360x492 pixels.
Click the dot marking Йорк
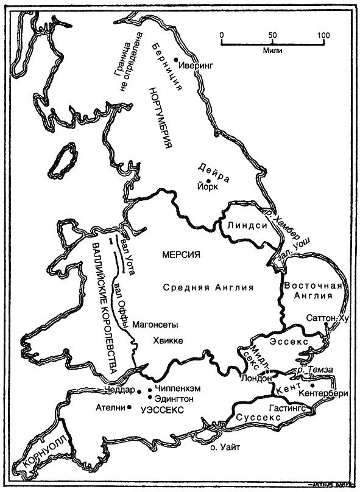click(x=208, y=181)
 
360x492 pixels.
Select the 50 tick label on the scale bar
click(x=273, y=34)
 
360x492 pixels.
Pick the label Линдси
click(x=244, y=226)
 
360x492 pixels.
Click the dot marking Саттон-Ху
click(x=327, y=325)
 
